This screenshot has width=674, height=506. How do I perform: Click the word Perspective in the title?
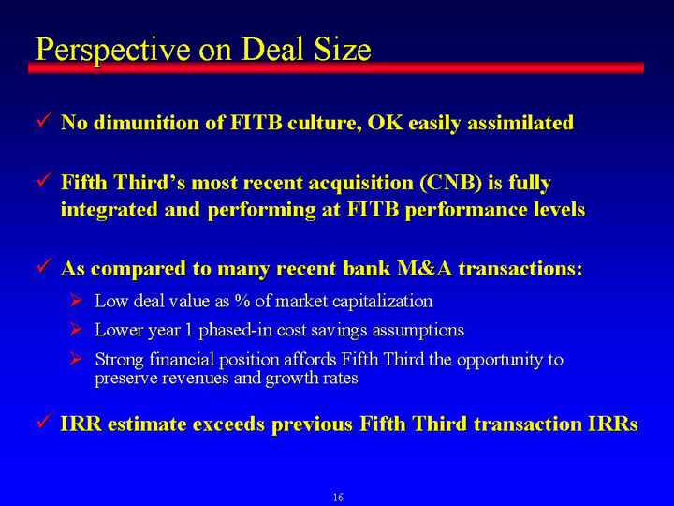tap(113, 51)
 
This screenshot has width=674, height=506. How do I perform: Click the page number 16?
tap(338, 497)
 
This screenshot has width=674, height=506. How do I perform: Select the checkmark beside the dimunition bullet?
tap(45, 120)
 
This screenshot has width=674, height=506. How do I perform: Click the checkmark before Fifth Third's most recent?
tap(45, 179)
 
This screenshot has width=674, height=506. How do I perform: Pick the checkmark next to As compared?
tap(45, 265)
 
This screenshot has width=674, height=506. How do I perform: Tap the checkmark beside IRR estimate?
tap(45, 421)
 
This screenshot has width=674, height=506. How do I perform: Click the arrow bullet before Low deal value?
tap(76, 300)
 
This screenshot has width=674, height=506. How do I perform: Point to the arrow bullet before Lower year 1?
tap(76, 330)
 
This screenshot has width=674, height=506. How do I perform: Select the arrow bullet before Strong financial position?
tap(76, 358)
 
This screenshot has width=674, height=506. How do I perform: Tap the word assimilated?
tap(520, 123)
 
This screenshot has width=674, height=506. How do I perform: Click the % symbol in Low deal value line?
tap(242, 301)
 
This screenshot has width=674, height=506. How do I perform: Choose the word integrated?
tap(110, 210)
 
